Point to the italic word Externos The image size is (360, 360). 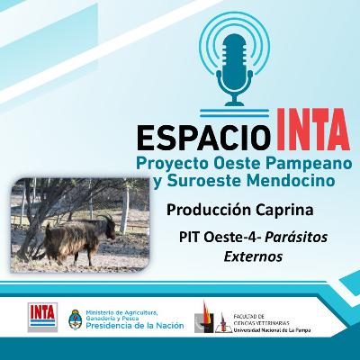pyautogui.click(x=253, y=256)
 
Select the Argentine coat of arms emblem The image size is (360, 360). pyautogui.click(x=76, y=318)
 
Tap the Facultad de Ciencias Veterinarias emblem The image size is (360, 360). pyautogui.click(x=208, y=318)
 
